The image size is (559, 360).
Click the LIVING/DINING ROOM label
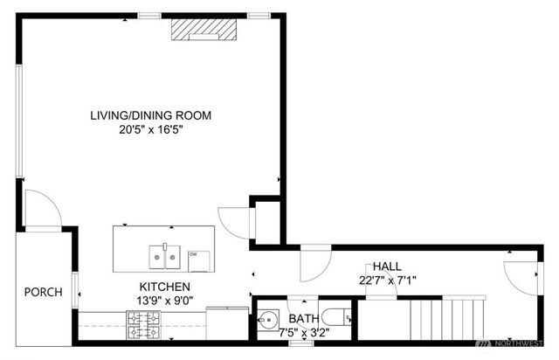coord(151,115)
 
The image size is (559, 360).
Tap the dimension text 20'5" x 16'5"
coord(151,130)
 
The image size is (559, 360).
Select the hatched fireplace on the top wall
coord(204,29)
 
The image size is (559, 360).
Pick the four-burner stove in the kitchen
coord(145,327)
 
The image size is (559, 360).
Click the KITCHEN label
coord(165,287)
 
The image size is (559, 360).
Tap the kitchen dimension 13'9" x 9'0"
coord(165,301)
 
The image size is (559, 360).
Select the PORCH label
coord(43,292)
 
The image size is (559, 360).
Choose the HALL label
coord(388,267)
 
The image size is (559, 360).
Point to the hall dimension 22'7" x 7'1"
coord(388,280)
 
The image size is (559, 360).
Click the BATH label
coord(305,319)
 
